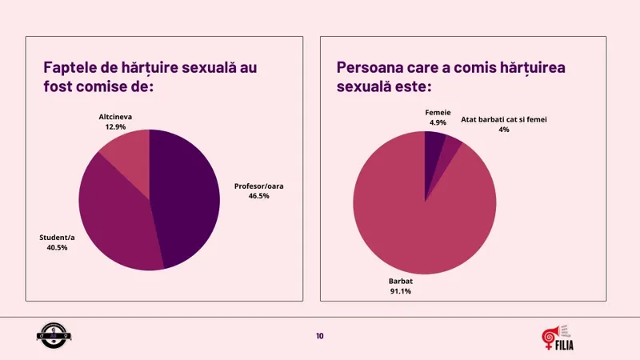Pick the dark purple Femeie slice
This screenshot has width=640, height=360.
point(434,144)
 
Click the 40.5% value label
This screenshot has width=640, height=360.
point(58,247)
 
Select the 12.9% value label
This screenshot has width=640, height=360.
point(115,126)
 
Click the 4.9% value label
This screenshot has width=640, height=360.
point(438,122)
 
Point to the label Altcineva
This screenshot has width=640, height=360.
point(115,117)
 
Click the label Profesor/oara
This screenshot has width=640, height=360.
point(259,186)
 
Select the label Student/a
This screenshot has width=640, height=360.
point(58,238)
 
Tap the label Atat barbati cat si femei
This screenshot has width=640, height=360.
point(504,120)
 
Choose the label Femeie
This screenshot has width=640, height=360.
point(438,113)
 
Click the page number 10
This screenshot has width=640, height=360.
point(320,336)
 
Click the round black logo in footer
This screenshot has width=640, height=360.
point(53,337)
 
